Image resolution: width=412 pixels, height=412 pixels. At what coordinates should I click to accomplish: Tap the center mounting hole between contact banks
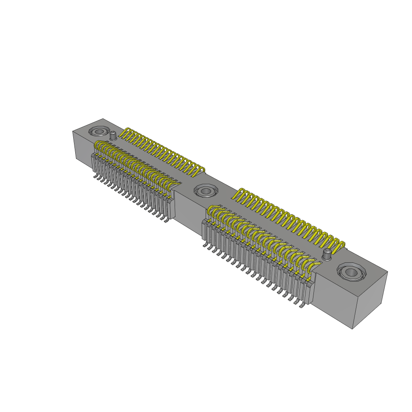[x=206, y=191]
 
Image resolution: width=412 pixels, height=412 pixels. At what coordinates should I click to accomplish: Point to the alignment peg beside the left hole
[x=113, y=135]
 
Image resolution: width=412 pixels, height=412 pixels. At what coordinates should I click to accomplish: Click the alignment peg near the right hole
[x=328, y=253]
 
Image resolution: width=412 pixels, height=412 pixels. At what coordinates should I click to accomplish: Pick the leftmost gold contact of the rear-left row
[x=126, y=133]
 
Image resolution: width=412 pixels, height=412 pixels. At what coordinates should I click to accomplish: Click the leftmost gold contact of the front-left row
[x=98, y=146]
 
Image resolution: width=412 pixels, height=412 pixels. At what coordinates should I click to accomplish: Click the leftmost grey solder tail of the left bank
[x=95, y=176]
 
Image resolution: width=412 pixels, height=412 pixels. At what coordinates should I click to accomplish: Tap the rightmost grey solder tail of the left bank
[x=166, y=221]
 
